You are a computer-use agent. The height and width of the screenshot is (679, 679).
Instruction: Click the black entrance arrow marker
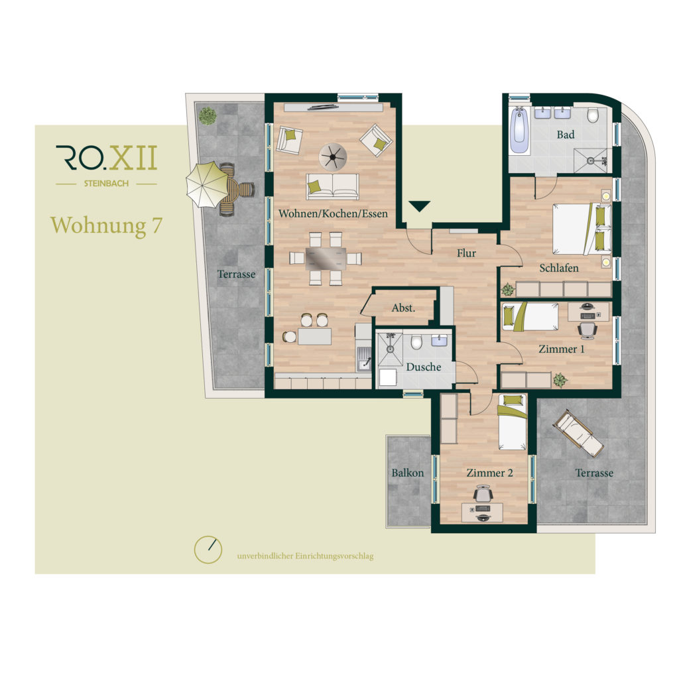click(419, 206)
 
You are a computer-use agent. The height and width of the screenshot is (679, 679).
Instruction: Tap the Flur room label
click(466, 253)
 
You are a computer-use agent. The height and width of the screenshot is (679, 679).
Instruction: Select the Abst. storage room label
click(403, 308)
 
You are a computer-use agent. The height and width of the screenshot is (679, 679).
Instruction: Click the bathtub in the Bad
click(520, 131)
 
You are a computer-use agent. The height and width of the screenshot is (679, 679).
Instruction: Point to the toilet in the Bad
click(593, 115)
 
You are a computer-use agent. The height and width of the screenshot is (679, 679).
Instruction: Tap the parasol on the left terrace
click(208, 184)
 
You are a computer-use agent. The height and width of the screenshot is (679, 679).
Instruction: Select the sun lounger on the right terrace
click(579, 433)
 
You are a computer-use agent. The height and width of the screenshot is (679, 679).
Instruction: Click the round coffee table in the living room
click(333, 156)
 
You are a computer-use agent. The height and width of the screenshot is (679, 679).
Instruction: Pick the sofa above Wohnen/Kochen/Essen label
click(333, 186)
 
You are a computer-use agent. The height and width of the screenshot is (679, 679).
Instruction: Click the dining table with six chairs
click(326, 259)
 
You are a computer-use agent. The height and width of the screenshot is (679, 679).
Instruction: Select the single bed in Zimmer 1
click(530, 316)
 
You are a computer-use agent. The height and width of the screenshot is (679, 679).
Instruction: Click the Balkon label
click(408, 472)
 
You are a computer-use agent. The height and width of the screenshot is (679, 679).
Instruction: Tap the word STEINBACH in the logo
click(106, 184)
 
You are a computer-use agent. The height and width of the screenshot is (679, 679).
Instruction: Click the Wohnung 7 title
click(106, 225)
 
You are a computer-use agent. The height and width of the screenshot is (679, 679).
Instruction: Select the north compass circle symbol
click(208, 550)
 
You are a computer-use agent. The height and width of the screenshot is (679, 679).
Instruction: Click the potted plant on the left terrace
click(208, 115)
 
